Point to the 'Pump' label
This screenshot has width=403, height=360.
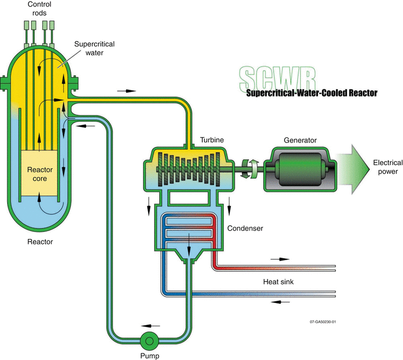(150, 355)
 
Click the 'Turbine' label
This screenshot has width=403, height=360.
(211, 140)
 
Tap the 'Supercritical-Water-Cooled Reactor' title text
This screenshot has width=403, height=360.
(312, 93)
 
